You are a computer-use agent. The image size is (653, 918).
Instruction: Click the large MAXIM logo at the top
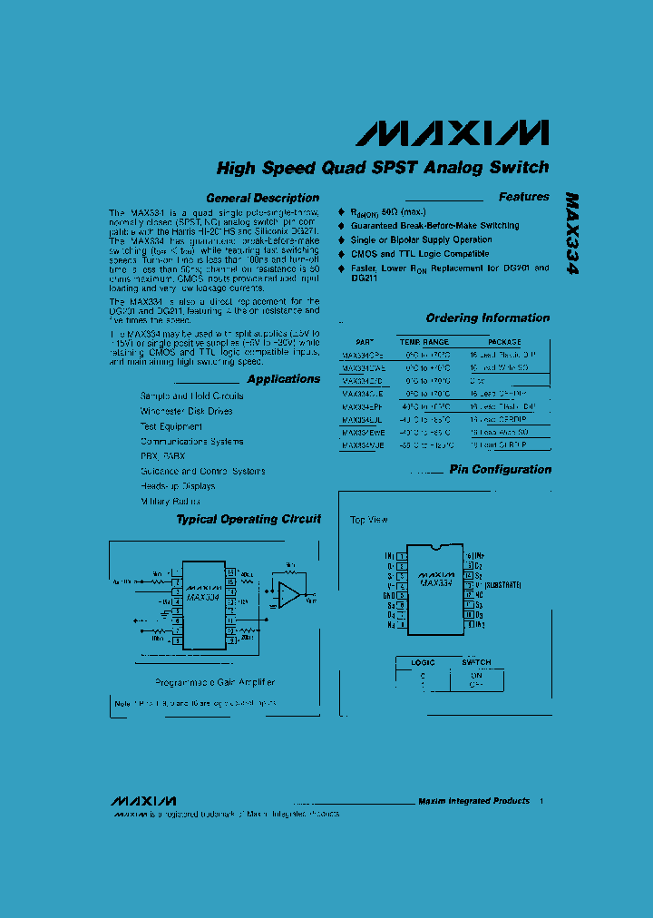click(x=451, y=132)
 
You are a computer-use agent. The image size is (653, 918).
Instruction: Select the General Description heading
click(x=262, y=198)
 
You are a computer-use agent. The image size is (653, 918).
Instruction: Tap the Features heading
click(x=523, y=197)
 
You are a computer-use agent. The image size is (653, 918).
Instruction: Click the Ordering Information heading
click(x=487, y=318)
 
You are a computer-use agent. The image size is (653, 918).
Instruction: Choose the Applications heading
click(x=283, y=379)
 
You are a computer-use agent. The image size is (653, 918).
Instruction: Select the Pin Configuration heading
click(x=500, y=470)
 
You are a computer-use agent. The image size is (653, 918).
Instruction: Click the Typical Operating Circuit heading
click(x=248, y=520)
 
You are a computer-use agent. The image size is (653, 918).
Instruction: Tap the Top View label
click(x=369, y=520)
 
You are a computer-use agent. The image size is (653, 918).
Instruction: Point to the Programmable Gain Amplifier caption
click(x=214, y=682)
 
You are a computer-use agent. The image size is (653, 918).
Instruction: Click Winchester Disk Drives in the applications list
click(x=186, y=411)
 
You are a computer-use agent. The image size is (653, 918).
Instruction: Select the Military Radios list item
click(x=171, y=501)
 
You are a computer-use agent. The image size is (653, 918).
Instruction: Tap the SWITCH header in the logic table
click(x=476, y=662)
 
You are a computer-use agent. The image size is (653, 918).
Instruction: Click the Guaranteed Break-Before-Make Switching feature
click(x=434, y=226)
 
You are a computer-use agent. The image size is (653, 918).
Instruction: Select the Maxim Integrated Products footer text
click(x=473, y=801)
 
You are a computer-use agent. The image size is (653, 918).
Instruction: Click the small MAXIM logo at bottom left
click(x=143, y=802)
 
